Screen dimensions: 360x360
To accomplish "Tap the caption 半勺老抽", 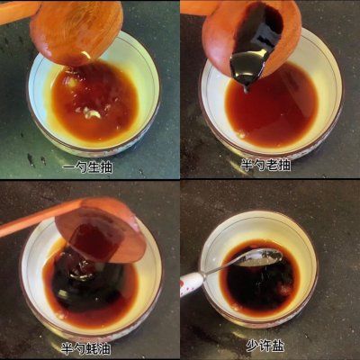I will tap(265, 166).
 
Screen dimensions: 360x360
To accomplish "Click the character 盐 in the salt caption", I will tap(279, 346).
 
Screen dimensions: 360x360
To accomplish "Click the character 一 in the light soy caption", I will tap(67, 166).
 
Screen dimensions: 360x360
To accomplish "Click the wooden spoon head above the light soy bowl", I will tap(76, 31).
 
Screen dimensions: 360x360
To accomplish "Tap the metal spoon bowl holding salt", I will tap(261, 258).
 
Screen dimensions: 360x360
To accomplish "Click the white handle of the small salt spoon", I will tap(191, 283).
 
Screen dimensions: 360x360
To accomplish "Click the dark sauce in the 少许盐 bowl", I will tap(261, 288).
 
